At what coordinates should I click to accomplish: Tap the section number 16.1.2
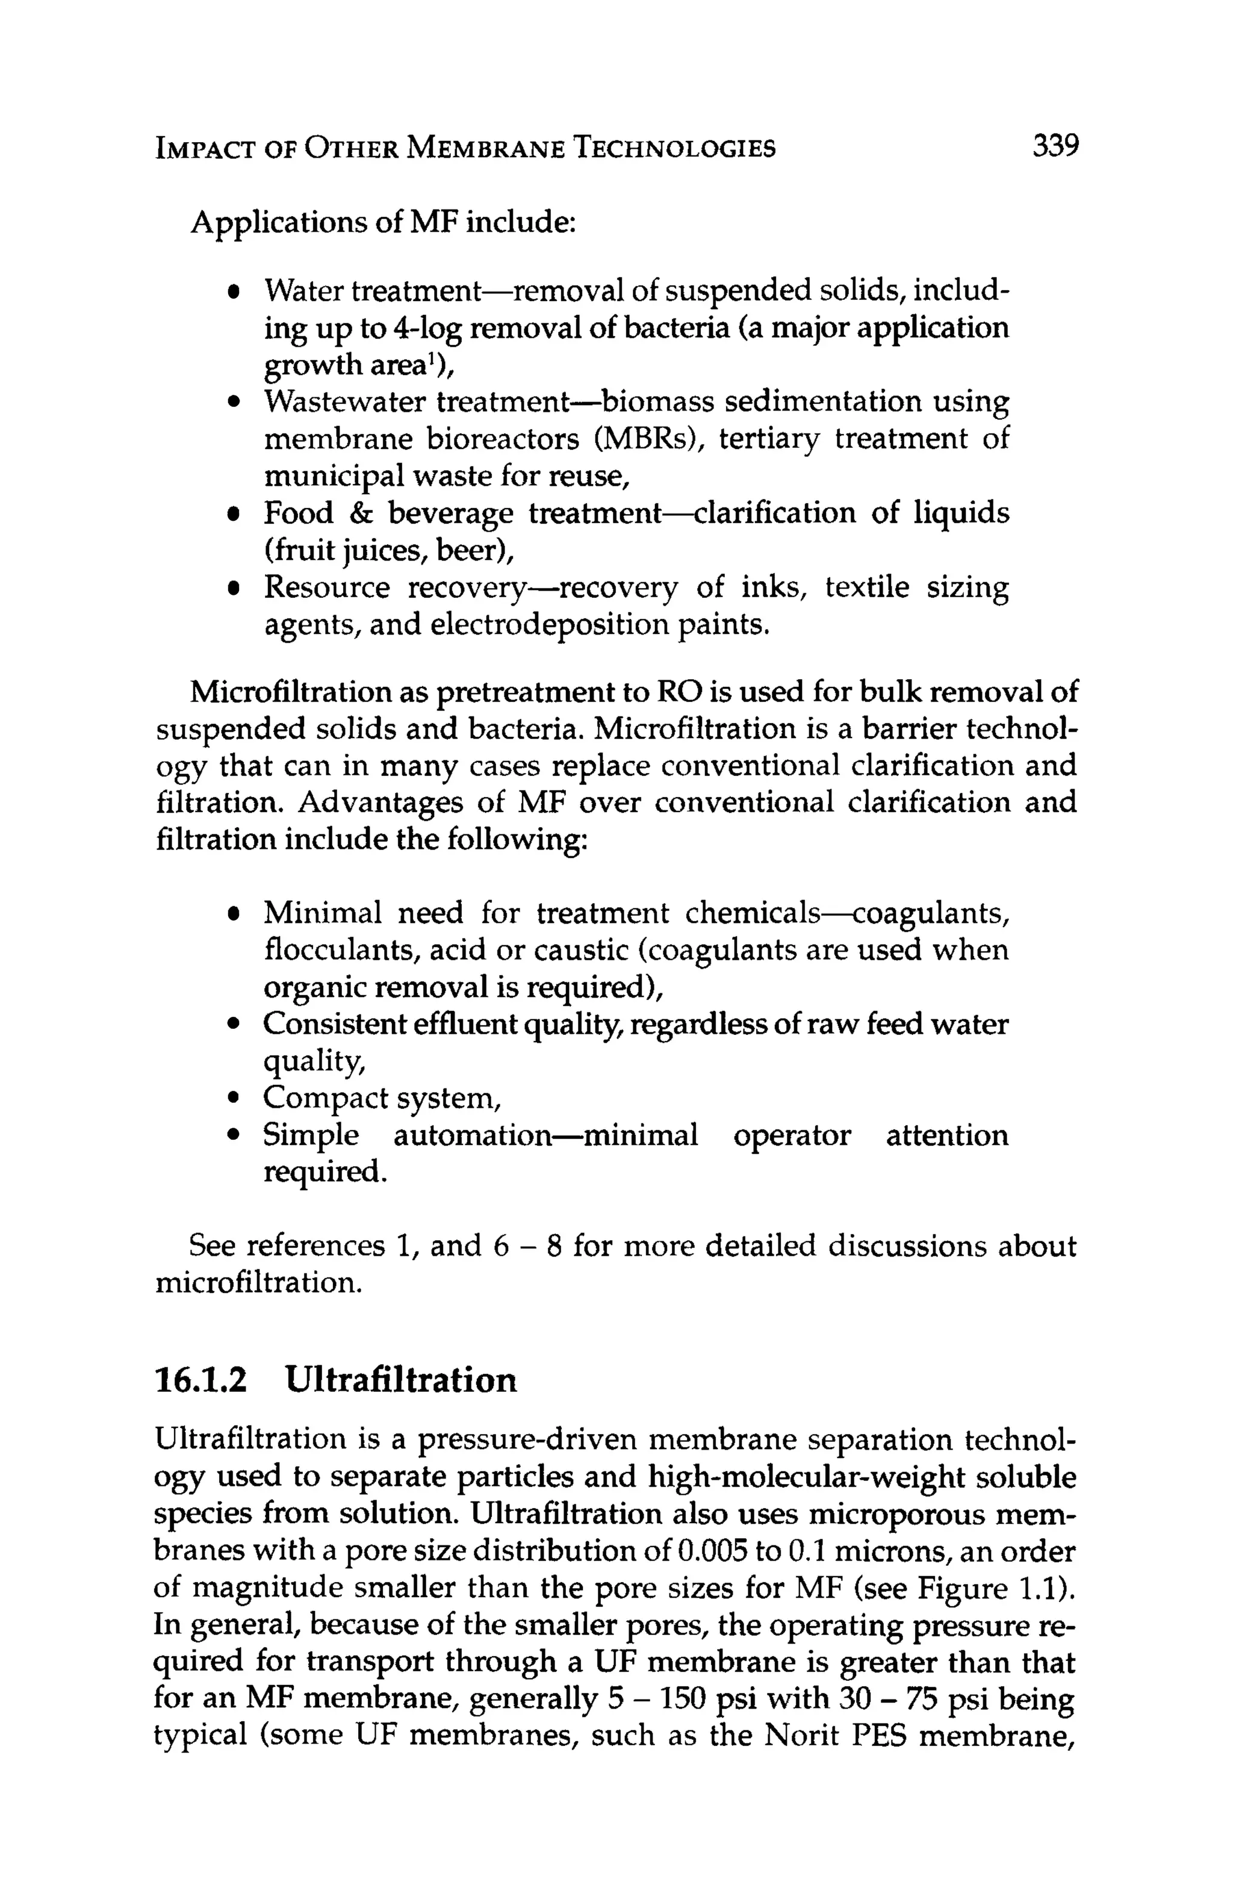(200, 1379)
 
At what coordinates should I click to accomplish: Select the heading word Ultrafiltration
(401, 1379)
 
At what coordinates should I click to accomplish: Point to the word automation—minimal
(545, 1135)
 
